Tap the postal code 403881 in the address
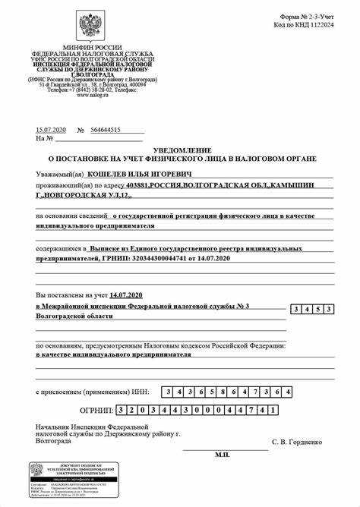click(x=137, y=186)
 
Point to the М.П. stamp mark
click(x=222, y=454)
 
